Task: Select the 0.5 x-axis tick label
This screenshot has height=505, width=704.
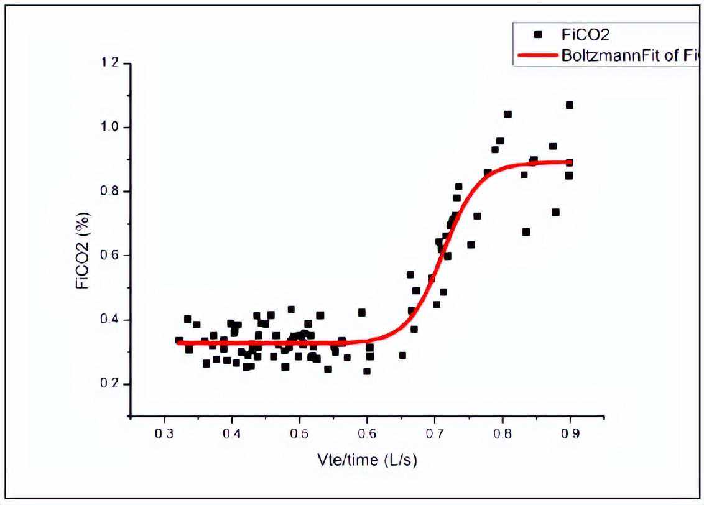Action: coord(299,433)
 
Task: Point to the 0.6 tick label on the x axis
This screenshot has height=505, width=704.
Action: coord(367,433)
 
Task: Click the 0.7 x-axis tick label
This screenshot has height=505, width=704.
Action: coord(435,433)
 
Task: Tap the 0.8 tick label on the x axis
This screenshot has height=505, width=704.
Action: coord(503,433)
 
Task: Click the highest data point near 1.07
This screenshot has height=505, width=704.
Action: coord(569,105)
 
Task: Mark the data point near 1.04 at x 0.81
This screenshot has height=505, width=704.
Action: coord(507,114)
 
